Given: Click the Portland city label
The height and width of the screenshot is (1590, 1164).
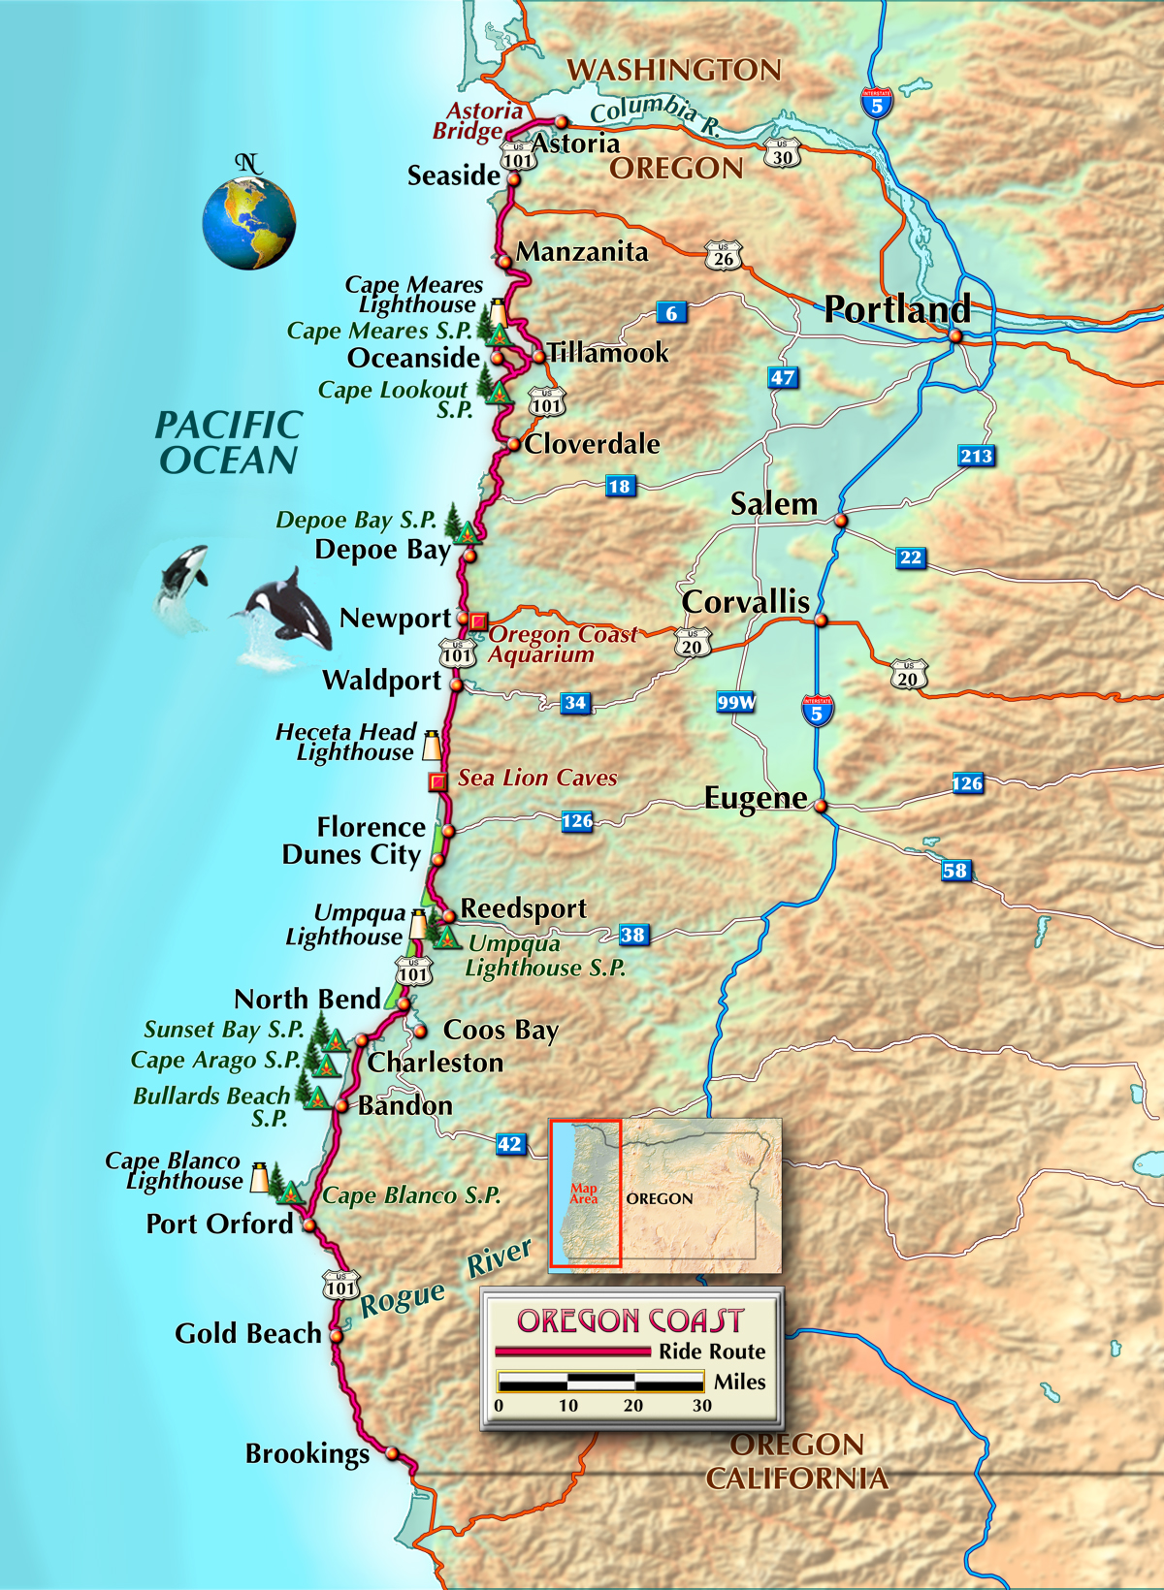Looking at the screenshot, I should click(897, 309).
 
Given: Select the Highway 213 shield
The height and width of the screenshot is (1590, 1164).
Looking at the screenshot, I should click(976, 456).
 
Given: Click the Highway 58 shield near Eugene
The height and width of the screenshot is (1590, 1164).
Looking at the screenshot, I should click(955, 870).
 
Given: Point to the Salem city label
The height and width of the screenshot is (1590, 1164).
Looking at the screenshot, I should click(774, 504).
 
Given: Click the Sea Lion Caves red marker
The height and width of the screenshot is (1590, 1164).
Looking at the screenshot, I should click(438, 780).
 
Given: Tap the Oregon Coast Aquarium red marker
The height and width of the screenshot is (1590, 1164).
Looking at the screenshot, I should click(478, 620).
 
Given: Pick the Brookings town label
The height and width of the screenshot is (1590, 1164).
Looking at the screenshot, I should click(307, 1454).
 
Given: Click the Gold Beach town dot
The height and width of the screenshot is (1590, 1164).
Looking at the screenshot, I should click(337, 1335).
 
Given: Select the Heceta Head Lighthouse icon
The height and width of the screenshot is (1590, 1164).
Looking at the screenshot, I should click(432, 746).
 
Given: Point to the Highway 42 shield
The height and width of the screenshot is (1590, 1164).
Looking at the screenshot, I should click(510, 1143).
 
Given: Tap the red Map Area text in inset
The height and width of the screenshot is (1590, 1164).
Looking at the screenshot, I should click(584, 1193).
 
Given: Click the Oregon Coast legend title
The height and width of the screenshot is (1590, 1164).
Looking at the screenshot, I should click(630, 1320).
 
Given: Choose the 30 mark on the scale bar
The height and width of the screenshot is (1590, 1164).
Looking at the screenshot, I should click(702, 1405).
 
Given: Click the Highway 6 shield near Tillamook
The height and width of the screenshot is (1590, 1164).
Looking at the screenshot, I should click(671, 312).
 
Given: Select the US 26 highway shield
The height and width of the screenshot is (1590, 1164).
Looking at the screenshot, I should click(724, 255).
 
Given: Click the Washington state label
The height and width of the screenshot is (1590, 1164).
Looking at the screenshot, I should click(674, 70).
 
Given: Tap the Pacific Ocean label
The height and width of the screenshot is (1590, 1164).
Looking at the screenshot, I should click(229, 442).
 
